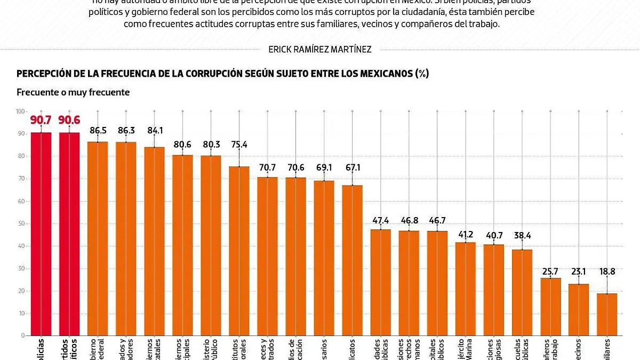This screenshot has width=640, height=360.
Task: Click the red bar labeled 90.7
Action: (x=41, y=235)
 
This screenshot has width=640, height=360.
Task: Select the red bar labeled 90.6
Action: (x=69, y=235)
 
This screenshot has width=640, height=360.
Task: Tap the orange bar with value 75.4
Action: (x=239, y=251)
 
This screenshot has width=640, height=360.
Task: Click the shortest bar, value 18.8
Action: (x=607, y=315)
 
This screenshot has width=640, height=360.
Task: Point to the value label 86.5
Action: (x=98, y=130)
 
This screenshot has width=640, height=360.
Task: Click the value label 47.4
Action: (x=380, y=220)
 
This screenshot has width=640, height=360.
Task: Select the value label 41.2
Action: (x=466, y=234)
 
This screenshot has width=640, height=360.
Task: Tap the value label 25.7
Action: (x=550, y=271)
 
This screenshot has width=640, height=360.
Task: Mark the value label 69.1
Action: (x=324, y=167)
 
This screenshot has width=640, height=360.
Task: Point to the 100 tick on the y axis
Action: (x=20, y=111)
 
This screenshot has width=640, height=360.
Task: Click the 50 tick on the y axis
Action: (x=21, y=223)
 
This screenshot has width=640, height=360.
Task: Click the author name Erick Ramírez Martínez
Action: (x=320, y=49)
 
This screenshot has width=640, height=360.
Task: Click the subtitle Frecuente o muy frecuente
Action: (x=73, y=92)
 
